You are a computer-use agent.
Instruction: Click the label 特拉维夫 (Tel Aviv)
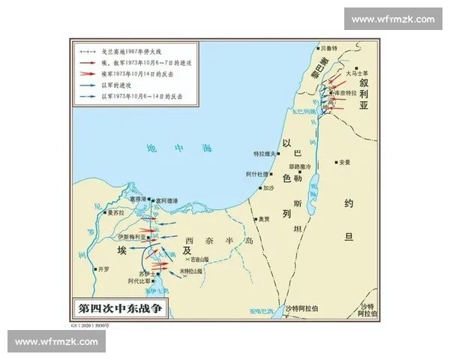(x=265, y=152)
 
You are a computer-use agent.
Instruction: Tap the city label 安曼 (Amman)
(x=344, y=161)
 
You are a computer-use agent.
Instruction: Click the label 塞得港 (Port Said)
(x=137, y=200)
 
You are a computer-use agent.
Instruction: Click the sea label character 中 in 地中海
(x=178, y=149)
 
